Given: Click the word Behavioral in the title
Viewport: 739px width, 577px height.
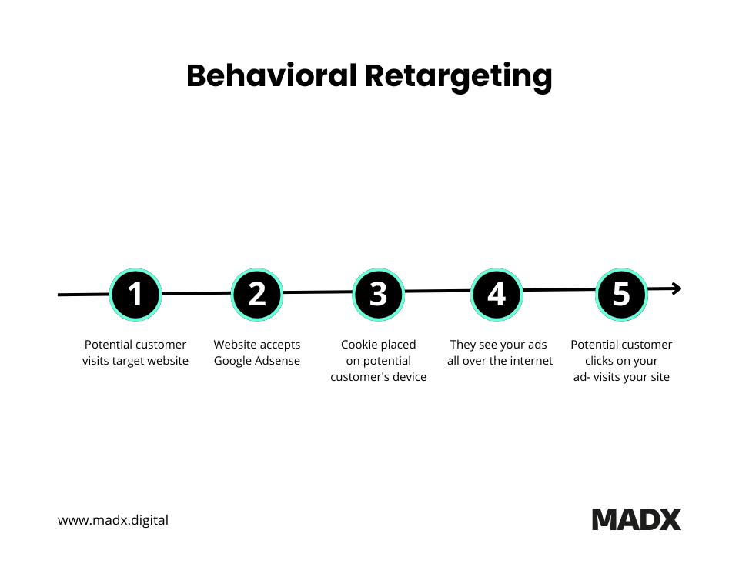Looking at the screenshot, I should pos(271,76).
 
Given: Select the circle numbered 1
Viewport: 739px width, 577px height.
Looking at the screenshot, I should pos(135,294).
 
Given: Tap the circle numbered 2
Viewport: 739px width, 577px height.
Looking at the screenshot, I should pos(257,294).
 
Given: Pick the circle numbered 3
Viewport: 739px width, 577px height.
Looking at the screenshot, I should pos(378,294).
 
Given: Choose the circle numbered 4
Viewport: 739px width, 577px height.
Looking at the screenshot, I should pos(497,294).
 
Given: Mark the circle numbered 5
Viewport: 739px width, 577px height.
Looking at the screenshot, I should pos(621,294).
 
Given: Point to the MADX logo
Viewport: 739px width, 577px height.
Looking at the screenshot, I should pos(637,519).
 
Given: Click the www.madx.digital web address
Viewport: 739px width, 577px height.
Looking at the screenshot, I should pos(113,520).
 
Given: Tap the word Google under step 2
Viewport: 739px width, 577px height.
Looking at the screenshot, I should pos(233,361).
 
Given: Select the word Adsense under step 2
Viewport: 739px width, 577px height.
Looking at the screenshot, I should pos(278,361).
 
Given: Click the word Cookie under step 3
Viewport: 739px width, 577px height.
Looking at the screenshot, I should pos(358,345).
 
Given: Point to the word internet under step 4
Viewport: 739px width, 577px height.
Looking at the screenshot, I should pos(530,361).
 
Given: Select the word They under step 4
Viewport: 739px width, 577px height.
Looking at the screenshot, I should pos(463,345).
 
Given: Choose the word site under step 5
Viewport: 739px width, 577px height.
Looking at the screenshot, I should pos(660,377).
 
